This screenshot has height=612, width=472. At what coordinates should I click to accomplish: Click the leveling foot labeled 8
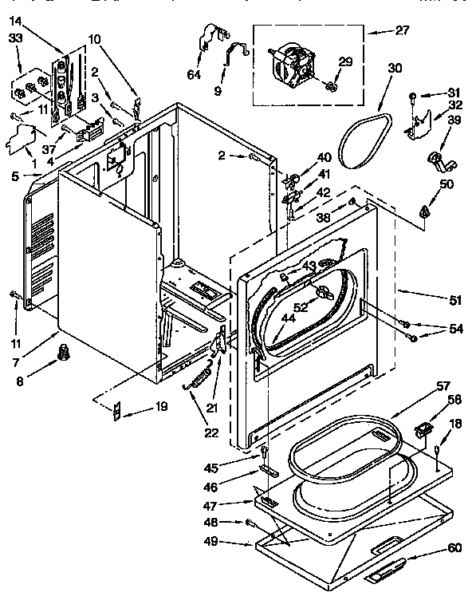pos(62,351)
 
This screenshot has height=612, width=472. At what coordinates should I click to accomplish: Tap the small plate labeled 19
pos(118,411)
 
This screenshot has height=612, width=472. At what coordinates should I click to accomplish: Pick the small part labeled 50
pos(424,211)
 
